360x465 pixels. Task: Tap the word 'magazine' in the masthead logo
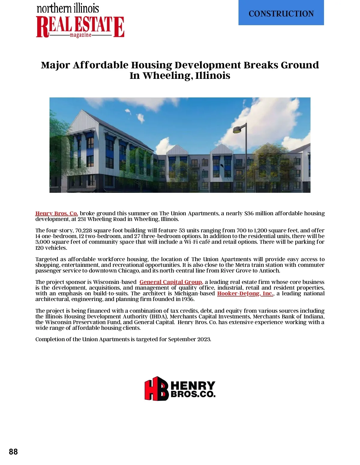(80, 35)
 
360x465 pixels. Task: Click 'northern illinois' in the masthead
(68, 8)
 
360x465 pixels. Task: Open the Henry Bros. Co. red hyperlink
(56, 213)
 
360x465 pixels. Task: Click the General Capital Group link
(171, 282)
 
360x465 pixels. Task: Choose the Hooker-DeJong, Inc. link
(245, 294)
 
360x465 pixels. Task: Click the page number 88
(13, 452)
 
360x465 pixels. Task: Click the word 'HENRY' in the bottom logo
(193, 385)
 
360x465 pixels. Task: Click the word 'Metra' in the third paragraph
(242, 265)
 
